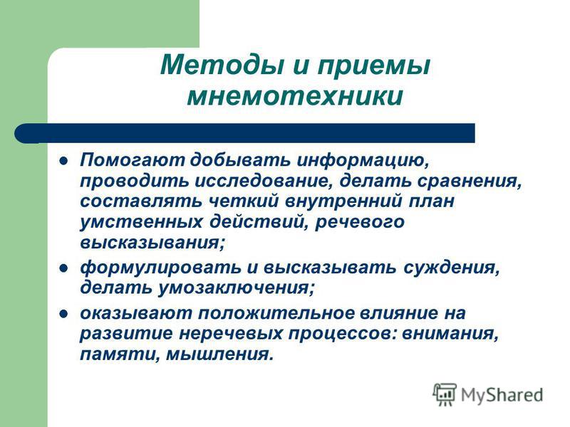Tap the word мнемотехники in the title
click(x=295, y=96)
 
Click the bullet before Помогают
click(x=63, y=161)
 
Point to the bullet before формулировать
click(x=63, y=268)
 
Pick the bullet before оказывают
click(x=63, y=314)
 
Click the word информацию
click(x=363, y=161)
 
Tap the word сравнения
click(x=469, y=181)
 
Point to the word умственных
click(x=141, y=222)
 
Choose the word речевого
click(x=360, y=222)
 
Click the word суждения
click(x=451, y=268)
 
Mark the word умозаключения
click(x=236, y=288)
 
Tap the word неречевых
click(x=231, y=334)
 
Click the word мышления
click(x=219, y=354)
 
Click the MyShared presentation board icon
click(x=445, y=394)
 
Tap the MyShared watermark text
click(x=502, y=395)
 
